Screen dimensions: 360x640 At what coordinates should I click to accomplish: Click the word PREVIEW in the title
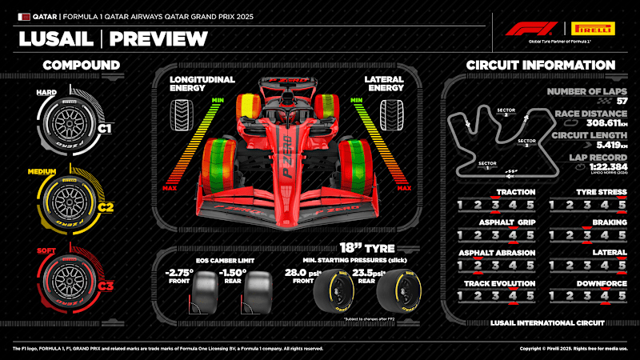158,38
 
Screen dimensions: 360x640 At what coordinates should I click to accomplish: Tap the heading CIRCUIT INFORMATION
541,65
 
